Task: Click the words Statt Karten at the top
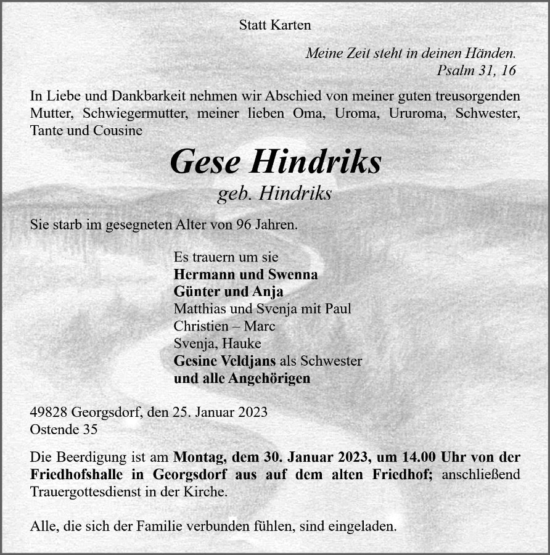(x=275, y=25)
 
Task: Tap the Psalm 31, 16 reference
(x=476, y=70)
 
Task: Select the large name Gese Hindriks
(x=275, y=162)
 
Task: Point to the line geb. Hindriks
(x=275, y=194)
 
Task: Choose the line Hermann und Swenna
(x=246, y=274)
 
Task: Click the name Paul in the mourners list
(x=339, y=309)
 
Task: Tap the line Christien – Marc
(x=224, y=326)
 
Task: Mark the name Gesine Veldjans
(x=225, y=361)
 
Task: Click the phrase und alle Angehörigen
(x=242, y=378)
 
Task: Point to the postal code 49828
(x=49, y=413)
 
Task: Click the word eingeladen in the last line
(x=365, y=527)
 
